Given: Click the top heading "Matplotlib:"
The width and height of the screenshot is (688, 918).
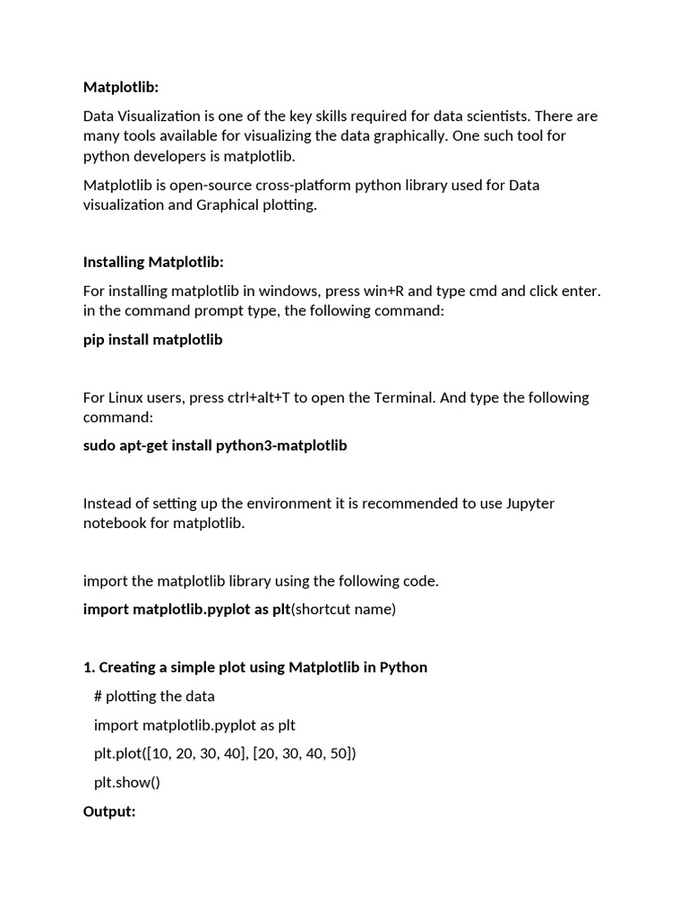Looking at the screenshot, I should pos(120,87).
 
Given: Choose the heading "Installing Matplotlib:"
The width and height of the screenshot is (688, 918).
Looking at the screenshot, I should pos(153,262).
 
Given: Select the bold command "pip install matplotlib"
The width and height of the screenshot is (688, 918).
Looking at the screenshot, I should pos(153,340).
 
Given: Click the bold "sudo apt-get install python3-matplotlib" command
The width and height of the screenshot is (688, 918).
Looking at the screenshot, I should pos(215,446).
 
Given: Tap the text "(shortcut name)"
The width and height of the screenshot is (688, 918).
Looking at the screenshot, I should pos(343,610).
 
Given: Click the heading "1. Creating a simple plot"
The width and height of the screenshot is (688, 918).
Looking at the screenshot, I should pos(255,667).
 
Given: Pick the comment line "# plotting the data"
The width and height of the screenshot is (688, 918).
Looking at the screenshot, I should pos(154,696).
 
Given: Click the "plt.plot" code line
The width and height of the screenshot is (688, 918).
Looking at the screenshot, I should pos(225,753).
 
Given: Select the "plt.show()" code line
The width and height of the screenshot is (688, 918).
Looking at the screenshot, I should pos(127,782).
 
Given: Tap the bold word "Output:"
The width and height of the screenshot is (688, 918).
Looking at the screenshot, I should pos(109,811).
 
